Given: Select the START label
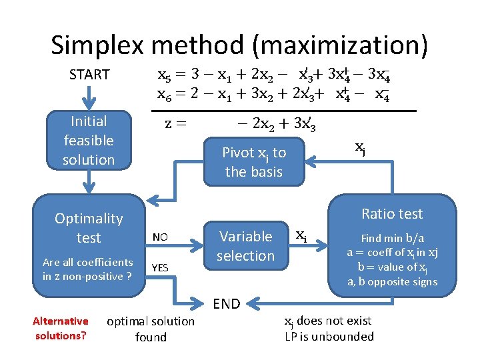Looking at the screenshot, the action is (89, 75).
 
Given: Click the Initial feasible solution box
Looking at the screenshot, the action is (89, 141).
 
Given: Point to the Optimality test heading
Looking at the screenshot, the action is (89, 227).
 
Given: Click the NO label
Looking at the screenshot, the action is (160, 237).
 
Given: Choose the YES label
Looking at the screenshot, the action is (160, 268).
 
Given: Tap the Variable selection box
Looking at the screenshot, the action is (245, 246).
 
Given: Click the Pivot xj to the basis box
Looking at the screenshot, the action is (254, 162).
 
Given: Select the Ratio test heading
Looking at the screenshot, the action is (392, 214).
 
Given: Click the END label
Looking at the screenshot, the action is (227, 304).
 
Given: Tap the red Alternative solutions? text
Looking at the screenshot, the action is (60, 328).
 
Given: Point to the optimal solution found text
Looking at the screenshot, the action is (151, 329).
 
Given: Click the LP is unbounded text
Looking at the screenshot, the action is (329, 337).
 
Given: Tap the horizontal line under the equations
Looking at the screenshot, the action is (283, 109).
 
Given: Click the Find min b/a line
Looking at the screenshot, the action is (392, 238).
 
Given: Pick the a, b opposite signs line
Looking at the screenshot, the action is (392, 281).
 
